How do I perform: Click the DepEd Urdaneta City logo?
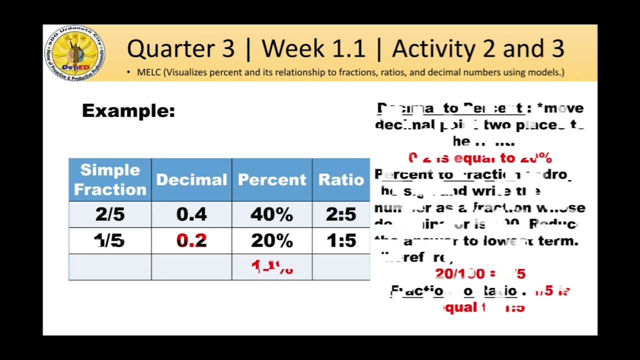(x=74, y=53)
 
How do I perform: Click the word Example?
(x=128, y=110)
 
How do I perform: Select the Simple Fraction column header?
(x=110, y=179)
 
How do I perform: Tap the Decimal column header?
(x=191, y=179)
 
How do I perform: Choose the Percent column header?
(x=272, y=179)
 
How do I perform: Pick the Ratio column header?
(x=341, y=179)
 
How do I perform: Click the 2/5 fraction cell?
(x=110, y=214)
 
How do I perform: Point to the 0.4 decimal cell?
(x=191, y=214)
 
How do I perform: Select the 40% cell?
(x=272, y=214)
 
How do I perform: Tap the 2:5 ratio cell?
(x=341, y=214)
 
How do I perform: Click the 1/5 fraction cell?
(x=110, y=241)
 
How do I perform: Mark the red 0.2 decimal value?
(x=191, y=241)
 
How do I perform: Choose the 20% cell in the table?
(x=272, y=241)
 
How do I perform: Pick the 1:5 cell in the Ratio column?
(x=341, y=241)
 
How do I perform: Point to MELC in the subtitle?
(x=149, y=72)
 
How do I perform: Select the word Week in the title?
(x=289, y=49)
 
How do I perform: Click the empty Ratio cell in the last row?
(x=341, y=267)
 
